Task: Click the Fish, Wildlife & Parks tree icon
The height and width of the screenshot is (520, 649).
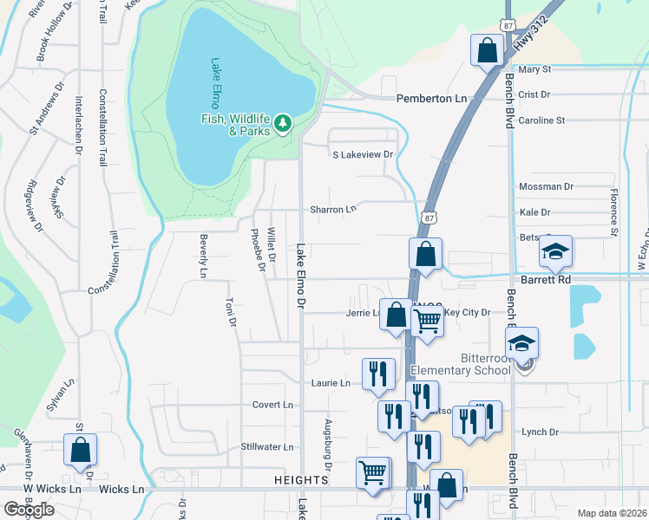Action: (x=282, y=126)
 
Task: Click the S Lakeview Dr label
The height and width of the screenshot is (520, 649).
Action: (x=364, y=155)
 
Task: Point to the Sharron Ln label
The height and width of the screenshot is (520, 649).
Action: (x=334, y=210)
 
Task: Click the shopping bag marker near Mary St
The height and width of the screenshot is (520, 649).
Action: (x=487, y=50)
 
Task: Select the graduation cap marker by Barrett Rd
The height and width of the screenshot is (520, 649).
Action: (x=555, y=251)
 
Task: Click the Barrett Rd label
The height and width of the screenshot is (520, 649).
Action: (x=546, y=280)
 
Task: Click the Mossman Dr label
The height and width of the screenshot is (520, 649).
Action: (x=546, y=186)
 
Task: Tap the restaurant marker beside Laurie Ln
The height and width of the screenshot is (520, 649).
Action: (x=377, y=374)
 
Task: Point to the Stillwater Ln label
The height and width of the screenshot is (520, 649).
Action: (x=267, y=447)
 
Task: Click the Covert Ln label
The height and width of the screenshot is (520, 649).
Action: (x=272, y=405)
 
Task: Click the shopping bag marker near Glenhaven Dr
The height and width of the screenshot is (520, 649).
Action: (x=80, y=450)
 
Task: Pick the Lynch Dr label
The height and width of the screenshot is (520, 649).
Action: (x=539, y=432)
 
